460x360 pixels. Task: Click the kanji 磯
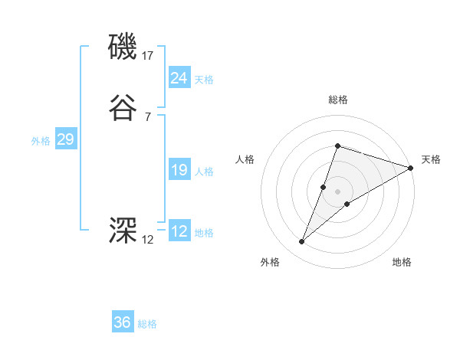coord(123,47)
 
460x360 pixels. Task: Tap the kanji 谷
coord(123,109)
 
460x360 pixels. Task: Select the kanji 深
coord(123,230)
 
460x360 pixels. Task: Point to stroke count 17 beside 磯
coord(148,55)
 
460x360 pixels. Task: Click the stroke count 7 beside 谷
coord(147,116)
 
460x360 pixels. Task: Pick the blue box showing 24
coord(179,78)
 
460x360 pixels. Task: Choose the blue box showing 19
coord(179,170)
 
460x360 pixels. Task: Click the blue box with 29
coord(65,139)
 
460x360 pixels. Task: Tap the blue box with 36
coord(123,322)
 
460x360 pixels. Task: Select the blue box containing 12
coord(179,231)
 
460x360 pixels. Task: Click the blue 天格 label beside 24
coord(204,80)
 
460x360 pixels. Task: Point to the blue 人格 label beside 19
coord(204,172)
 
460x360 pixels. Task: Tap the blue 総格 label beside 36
coord(147,324)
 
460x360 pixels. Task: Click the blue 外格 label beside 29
coord(41,141)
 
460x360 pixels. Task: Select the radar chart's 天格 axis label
coord(431,159)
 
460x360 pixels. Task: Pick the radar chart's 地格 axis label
coord(402,262)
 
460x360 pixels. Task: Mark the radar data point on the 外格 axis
coord(302,242)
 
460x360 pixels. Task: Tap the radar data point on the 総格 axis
coord(337,146)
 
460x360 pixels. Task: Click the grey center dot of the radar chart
coord(337,191)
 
